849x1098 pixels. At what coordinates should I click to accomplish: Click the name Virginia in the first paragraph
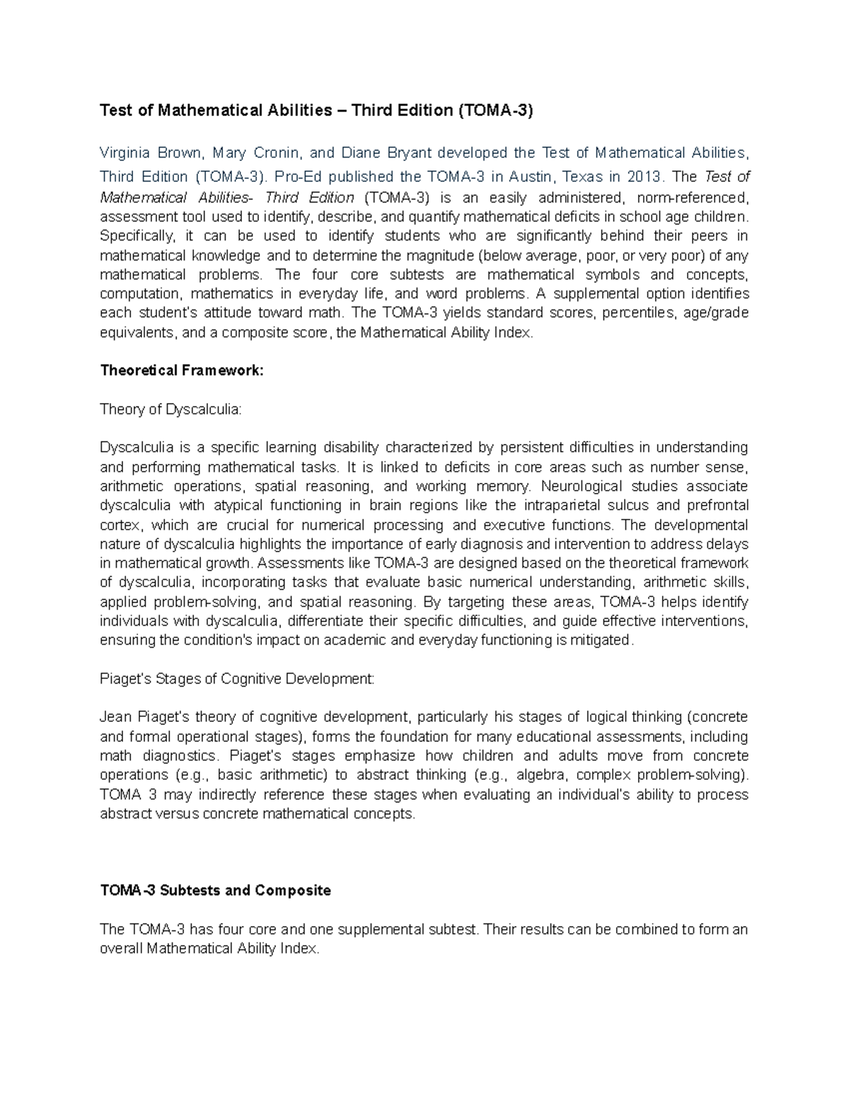coord(123,153)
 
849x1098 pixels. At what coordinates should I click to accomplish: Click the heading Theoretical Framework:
coord(181,370)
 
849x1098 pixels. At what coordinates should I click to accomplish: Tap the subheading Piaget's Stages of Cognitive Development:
coord(237,679)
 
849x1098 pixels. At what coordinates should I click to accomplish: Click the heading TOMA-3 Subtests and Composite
coord(215,890)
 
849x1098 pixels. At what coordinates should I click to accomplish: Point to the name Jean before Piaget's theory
coord(114,717)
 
